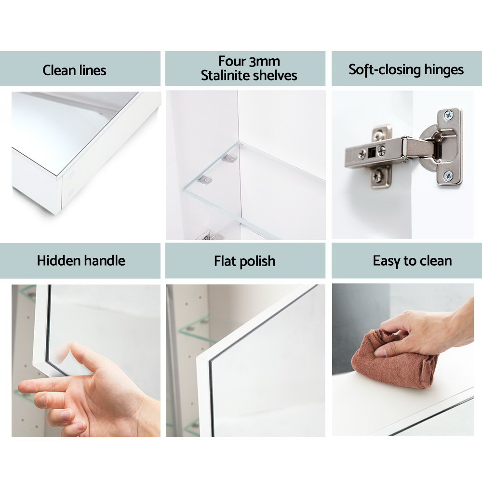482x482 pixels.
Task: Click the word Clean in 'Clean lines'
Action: click(x=59, y=70)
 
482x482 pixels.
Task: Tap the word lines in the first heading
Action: click(x=93, y=70)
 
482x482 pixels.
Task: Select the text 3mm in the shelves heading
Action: click(x=264, y=61)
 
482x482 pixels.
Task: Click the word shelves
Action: click(x=273, y=75)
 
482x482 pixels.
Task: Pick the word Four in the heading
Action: click(x=232, y=61)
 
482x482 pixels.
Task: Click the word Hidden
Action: click(x=58, y=261)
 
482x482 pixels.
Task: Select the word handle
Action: click(x=105, y=261)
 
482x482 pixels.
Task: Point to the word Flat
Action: click(x=225, y=261)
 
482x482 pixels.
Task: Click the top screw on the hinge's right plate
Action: click(x=448, y=116)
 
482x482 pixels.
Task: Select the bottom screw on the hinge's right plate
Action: click(x=448, y=176)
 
